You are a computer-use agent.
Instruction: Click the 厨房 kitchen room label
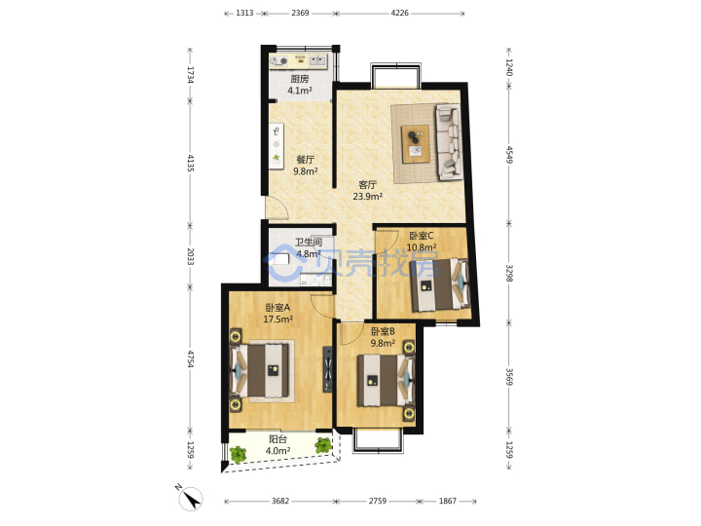[300, 79]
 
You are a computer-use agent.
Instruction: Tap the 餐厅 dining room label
[306, 160]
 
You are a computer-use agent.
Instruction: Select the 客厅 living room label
[367, 185]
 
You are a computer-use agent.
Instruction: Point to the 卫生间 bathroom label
[309, 243]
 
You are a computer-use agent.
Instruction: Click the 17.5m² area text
[277, 319]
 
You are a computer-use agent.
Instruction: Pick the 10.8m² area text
[422, 246]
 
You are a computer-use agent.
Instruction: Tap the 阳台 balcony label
[277, 439]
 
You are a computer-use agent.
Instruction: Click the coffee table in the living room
[416, 144]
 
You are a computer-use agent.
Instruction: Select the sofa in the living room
[449, 142]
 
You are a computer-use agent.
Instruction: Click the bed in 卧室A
[259, 370]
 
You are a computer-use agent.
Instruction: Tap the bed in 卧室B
[386, 380]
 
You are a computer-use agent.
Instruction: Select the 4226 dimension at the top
[400, 13]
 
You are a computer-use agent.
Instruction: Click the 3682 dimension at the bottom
[280, 501]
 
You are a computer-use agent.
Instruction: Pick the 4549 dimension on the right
[509, 154]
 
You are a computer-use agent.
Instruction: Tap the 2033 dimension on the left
[190, 256]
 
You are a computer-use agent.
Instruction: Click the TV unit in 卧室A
[328, 369]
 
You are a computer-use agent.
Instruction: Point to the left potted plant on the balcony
[238, 454]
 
